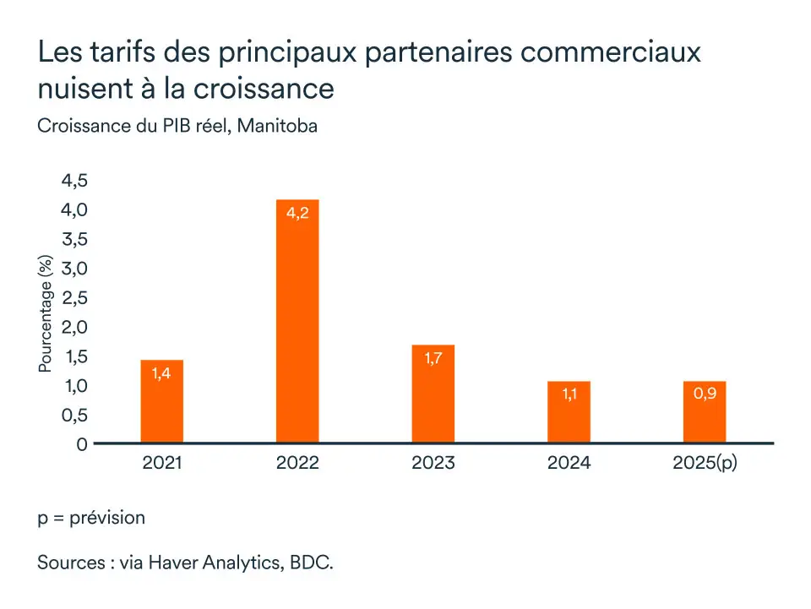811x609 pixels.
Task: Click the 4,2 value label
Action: point(297,214)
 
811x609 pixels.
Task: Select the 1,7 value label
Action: point(433,358)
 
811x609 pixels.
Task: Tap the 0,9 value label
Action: point(705,394)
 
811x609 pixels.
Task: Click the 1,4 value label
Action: point(162,373)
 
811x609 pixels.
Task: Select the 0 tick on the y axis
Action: point(82,444)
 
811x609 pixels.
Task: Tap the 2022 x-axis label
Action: point(297,464)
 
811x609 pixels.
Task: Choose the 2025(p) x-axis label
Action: point(705,464)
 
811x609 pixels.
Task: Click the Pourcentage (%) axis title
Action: point(46,315)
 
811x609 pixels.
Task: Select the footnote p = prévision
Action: point(91,517)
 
